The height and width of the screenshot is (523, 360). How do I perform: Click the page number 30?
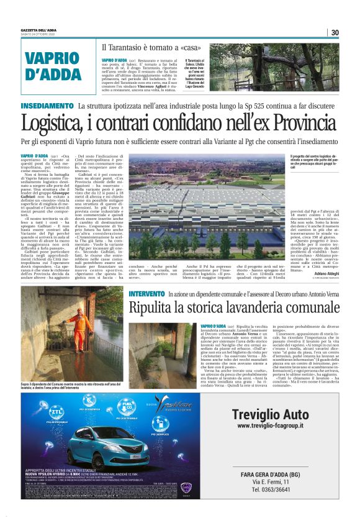[335, 32]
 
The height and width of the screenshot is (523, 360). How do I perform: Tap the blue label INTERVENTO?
[146, 293]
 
